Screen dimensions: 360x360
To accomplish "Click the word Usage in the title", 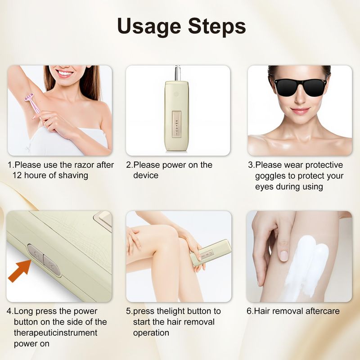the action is [149, 27].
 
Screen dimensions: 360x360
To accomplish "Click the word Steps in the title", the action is [217, 27].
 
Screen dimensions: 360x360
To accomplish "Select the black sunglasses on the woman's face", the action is [301, 87].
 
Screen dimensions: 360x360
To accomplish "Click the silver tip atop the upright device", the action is [177, 73].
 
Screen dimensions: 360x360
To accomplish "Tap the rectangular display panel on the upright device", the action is [177, 124].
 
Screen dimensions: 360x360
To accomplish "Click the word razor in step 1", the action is [84, 165].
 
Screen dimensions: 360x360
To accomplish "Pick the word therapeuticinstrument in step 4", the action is [55, 333].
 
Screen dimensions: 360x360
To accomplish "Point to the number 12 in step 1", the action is [17, 175].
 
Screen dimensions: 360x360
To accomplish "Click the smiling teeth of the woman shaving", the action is [64, 74].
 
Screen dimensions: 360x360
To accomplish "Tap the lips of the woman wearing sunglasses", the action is [300, 111].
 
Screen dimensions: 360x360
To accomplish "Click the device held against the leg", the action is [211, 253].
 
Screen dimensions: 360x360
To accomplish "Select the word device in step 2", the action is [146, 175].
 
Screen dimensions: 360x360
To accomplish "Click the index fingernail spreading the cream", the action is [284, 256].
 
